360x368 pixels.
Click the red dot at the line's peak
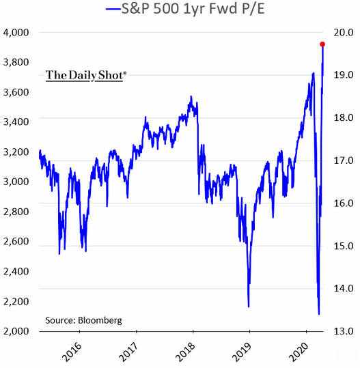coord(322,44)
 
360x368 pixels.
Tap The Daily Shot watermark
coord(86,75)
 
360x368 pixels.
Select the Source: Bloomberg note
coord(83,320)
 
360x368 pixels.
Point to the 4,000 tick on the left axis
coord(18,32)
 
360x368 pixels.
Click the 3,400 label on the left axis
coord(18,122)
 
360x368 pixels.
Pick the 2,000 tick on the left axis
coord(18,331)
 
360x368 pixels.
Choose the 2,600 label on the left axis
coord(18,242)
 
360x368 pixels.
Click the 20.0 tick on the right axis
coord(342,32)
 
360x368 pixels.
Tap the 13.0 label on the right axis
coord(342,331)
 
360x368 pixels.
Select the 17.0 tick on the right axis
coord(342,160)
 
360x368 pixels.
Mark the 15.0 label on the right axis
coord(342,246)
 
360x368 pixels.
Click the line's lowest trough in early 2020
coord(319,314)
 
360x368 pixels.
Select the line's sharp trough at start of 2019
coord(249,307)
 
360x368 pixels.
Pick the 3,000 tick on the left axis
coord(18,182)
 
